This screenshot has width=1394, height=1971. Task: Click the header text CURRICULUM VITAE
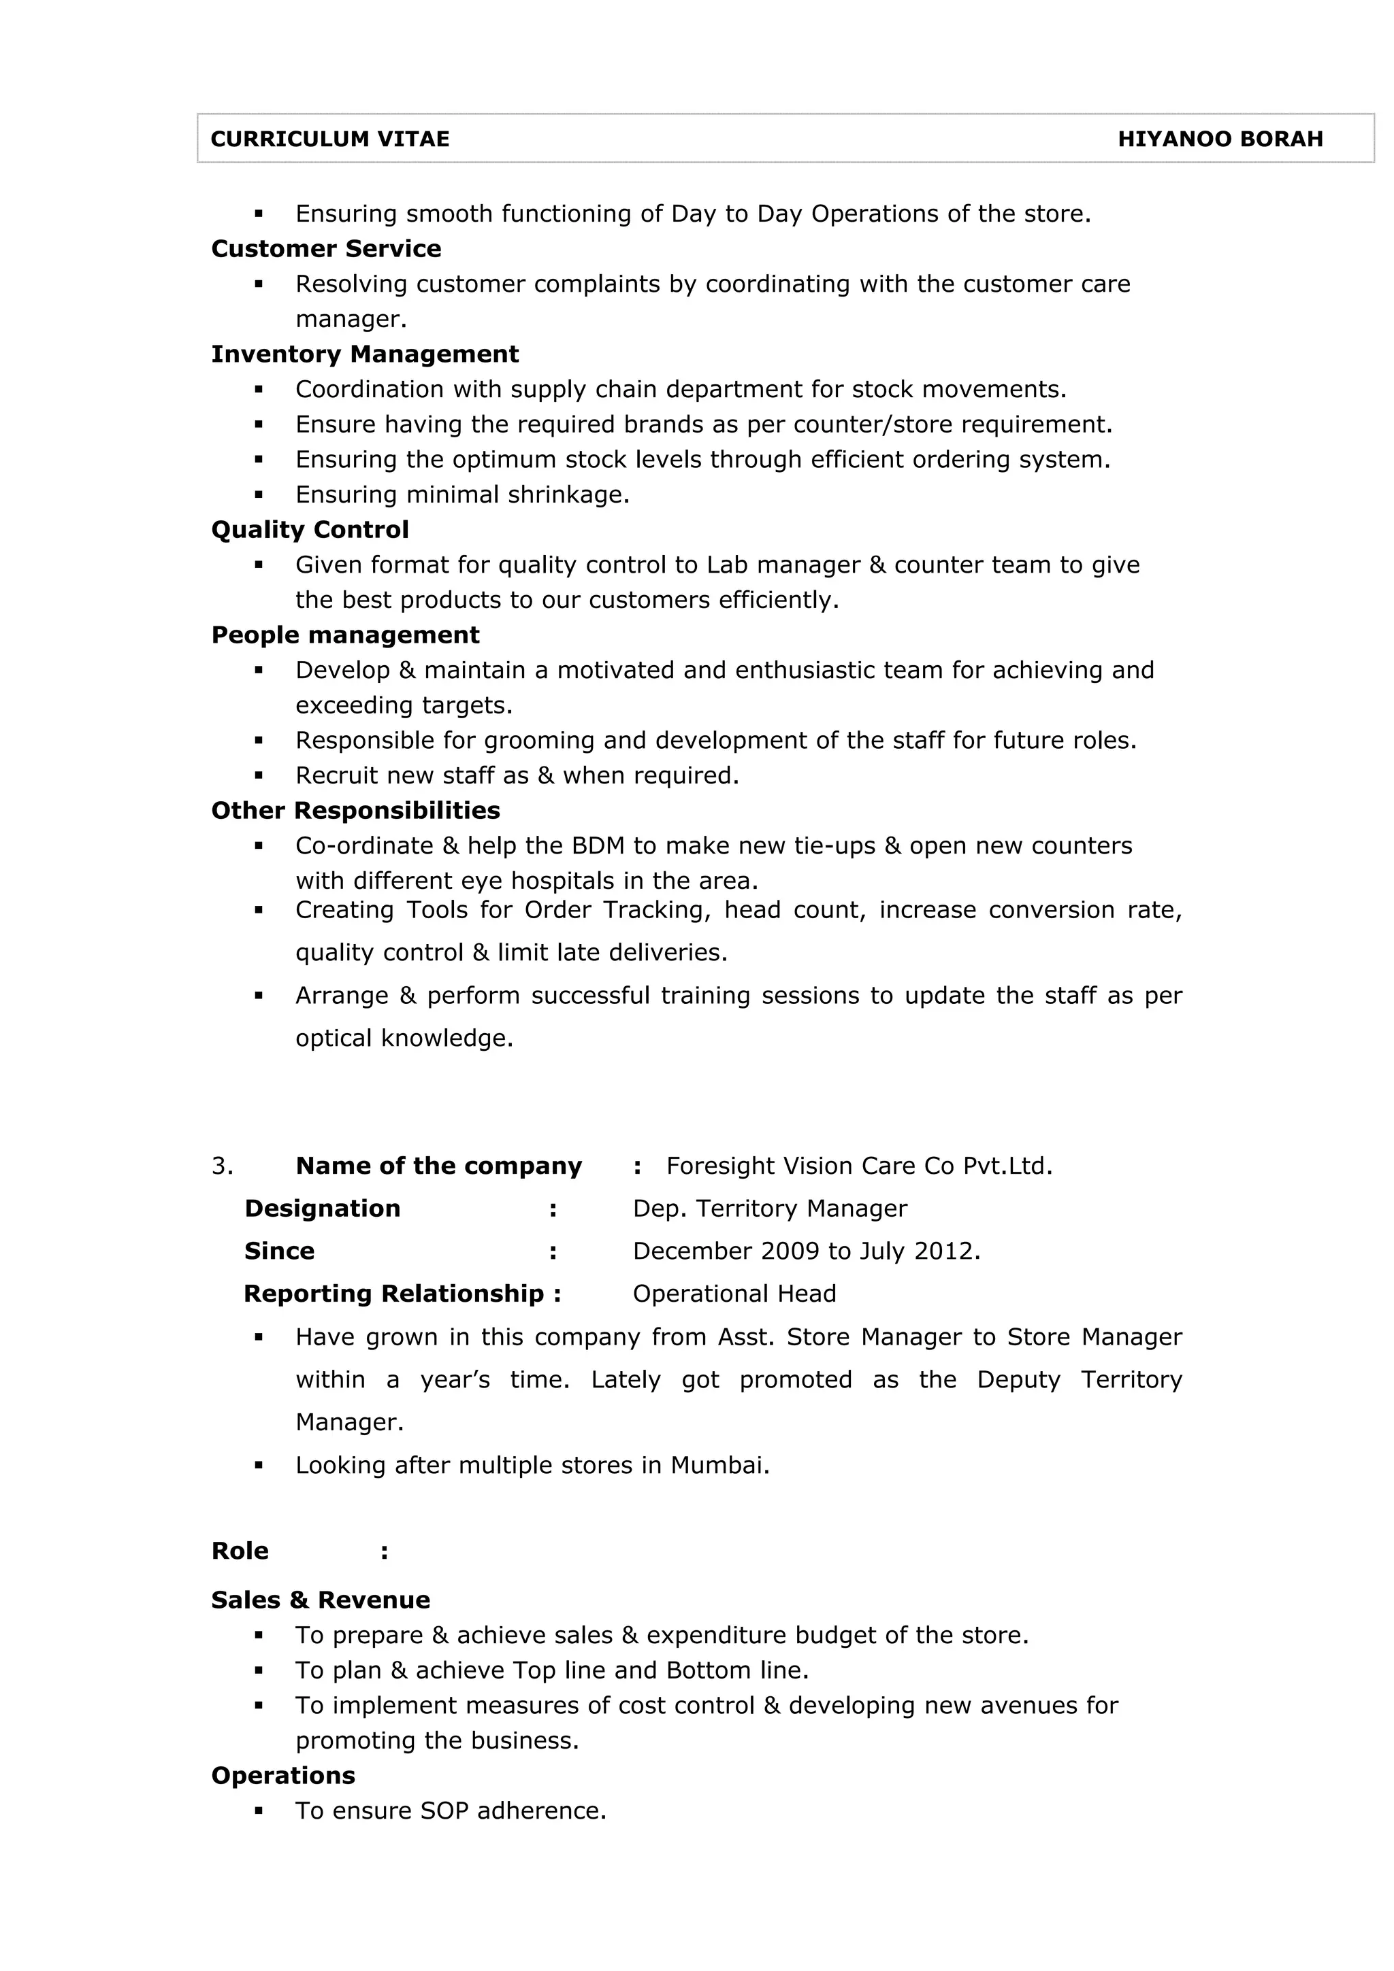click(x=330, y=139)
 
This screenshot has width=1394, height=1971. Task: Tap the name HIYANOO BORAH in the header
click(x=1220, y=139)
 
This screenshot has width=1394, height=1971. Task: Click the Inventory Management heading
click(x=365, y=354)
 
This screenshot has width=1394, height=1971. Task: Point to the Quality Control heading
click(x=310, y=530)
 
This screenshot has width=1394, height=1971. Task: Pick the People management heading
click(x=345, y=635)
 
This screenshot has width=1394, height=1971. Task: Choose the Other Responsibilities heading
click(x=355, y=811)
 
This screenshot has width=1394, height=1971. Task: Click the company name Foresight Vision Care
click(x=791, y=1166)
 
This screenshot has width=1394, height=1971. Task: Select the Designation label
click(x=322, y=1209)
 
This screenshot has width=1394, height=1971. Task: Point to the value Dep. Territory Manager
click(x=770, y=1209)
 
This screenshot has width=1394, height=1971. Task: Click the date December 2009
click(x=725, y=1251)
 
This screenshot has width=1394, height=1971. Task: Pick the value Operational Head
click(x=734, y=1294)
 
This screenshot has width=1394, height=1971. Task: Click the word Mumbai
click(x=718, y=1466)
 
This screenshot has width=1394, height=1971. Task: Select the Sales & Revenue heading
click(x=321, y=1600)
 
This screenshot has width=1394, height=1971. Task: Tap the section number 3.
click(x=222, y=1166)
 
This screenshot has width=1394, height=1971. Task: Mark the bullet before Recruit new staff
click(x=259, y=775)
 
